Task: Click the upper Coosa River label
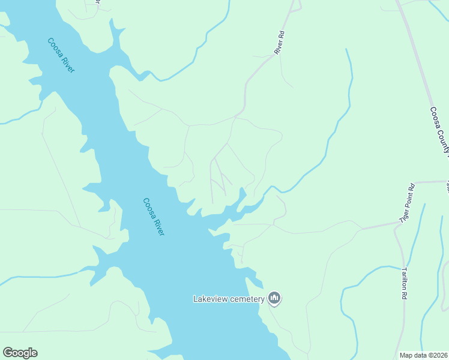(x=61, y=56)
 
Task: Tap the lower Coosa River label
(x=153, y=217)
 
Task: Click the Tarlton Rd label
(x=405, y=284)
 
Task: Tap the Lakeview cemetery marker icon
(x=274, y=298)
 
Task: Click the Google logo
(x=20, y=353)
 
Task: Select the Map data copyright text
(x=424, y=355)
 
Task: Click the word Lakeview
(x=211, y=299)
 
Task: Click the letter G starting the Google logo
(x=8, y=353)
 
